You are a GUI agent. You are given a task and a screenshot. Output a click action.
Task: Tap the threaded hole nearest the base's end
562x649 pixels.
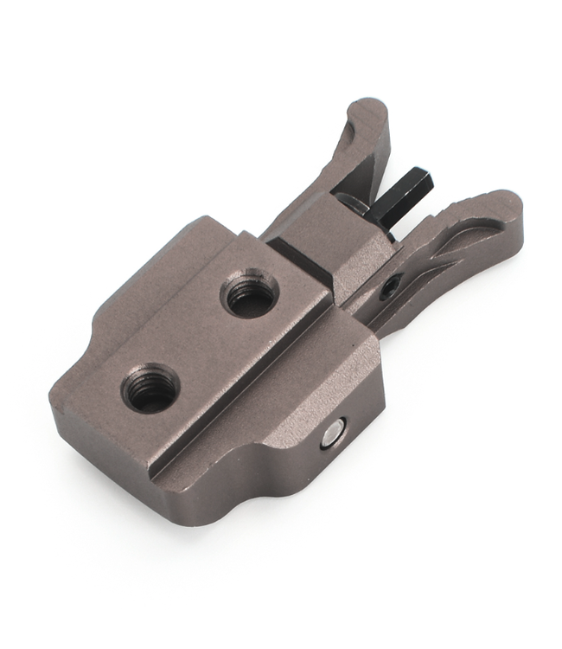click(x=150, y=387)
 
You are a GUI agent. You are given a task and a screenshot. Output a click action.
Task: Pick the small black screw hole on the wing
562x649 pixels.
click(x=390, y=285)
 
